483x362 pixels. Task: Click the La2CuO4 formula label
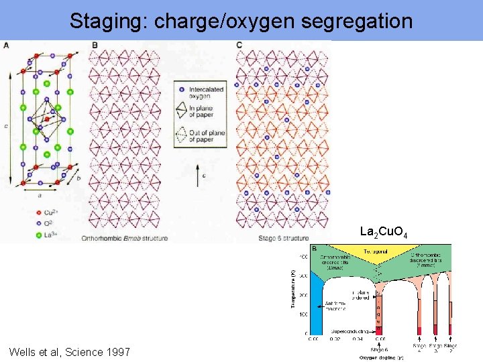(382, 232)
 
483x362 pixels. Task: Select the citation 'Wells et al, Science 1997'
(70, 352)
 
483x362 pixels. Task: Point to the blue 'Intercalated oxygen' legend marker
(182, 87)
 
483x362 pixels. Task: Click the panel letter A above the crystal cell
(6, 45)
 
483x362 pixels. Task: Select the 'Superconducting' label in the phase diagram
(348, 330)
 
